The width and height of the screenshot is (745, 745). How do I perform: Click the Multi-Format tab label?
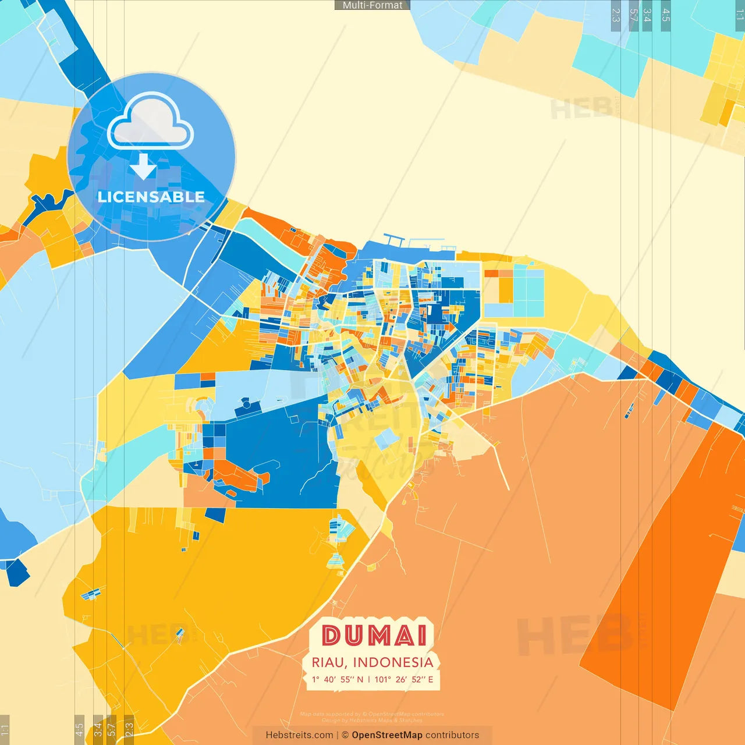pos(372,5)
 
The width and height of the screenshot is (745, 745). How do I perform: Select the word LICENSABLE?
pos(151,197)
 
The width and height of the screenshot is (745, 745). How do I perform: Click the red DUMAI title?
pos(375,636)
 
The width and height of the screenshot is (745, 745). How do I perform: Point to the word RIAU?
pos(329,662)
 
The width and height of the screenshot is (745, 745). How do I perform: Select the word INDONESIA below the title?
pos(393,662)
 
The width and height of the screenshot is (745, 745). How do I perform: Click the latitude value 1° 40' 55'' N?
pos(337,679)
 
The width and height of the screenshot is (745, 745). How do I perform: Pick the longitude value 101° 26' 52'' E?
pos(404,679)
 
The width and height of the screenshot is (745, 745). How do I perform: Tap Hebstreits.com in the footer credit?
pos(299,735)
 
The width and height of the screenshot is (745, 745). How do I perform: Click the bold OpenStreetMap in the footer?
pos(387,735)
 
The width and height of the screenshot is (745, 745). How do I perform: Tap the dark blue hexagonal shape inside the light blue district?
pos(246,404)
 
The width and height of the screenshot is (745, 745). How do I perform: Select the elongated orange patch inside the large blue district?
pos(239,474)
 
